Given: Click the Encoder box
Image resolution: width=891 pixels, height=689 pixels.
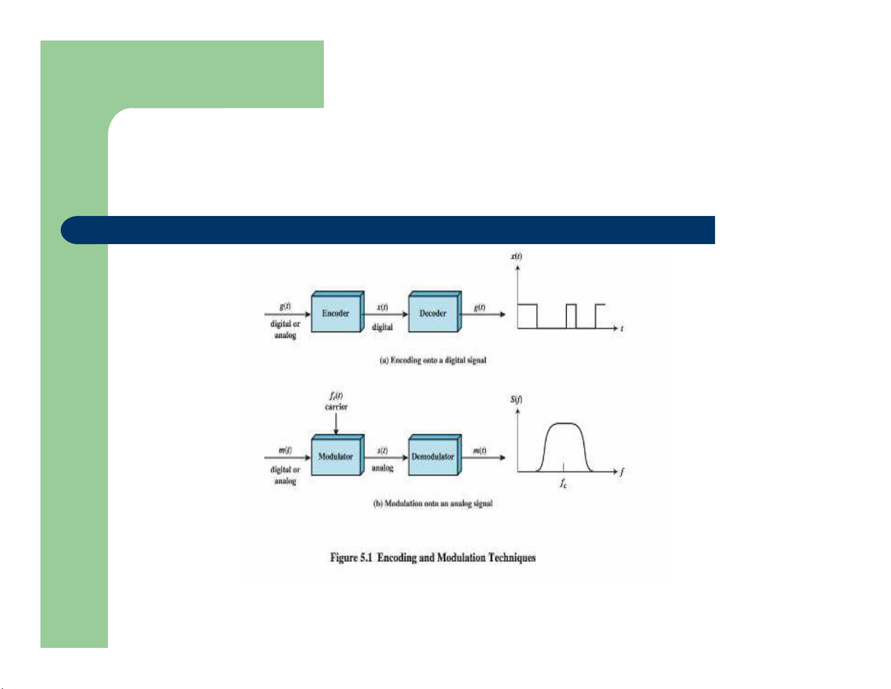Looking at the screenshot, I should pos(336,313).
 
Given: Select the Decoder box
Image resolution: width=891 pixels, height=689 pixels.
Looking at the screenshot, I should pos(433,313).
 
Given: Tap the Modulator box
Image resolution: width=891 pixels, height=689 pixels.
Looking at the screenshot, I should pos(336,456).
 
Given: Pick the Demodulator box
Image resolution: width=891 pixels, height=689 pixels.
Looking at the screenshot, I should pos(433,456).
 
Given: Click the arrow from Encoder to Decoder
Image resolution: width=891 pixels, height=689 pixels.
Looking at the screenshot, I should pos(386,314).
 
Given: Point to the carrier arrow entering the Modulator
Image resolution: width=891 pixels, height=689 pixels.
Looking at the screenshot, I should pos(336,424).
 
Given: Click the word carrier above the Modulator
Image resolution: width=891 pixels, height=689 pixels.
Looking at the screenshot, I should pos(336,407).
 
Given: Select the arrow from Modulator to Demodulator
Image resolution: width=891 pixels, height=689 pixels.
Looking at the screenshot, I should pos(386,457).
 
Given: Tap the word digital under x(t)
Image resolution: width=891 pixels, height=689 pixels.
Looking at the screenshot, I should pos(382,327).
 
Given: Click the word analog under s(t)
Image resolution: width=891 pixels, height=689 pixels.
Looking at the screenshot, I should pos(382,468).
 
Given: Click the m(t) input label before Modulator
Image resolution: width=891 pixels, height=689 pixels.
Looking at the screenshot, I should pos(286,450).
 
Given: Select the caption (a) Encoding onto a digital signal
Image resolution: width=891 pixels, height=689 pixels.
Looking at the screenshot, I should pos(433,360).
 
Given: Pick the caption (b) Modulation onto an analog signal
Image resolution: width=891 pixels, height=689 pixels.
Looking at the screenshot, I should pos(433,503).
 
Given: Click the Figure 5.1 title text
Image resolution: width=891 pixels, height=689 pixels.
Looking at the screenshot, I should pos(433,558).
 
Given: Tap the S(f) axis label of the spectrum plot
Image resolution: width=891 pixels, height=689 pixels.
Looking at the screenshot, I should pos(516,400).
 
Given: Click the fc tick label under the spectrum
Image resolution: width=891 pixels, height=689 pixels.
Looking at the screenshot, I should pos(563,483).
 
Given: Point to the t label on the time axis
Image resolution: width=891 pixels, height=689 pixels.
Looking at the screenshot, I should pos(622,328).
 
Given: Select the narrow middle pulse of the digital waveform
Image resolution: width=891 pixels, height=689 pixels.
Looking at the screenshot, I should pos(571,316).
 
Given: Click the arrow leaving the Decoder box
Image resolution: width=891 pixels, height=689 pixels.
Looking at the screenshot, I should pos(483,314).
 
